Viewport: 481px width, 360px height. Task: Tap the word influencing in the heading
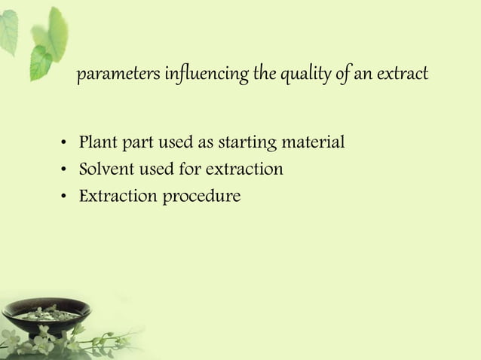click(x=186, y=75)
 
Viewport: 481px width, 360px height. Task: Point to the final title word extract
click(x=403, y=75)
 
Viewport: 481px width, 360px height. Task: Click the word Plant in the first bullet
click(x=96, y=142)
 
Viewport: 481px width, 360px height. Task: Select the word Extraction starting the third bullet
click(x=114, y=197)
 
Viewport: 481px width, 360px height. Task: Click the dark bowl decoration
click(x=45, y=316)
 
